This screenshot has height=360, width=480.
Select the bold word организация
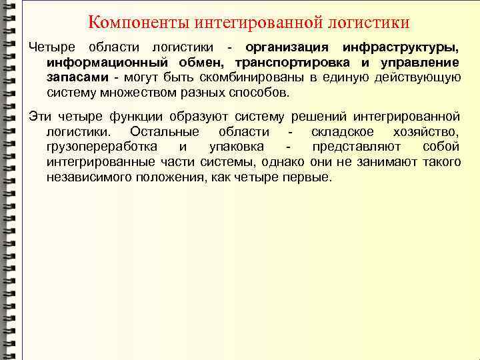(287, 48)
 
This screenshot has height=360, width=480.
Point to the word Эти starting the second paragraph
(39, 117)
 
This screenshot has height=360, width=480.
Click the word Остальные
(165, 131)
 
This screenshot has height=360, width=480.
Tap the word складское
(347, 131)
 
